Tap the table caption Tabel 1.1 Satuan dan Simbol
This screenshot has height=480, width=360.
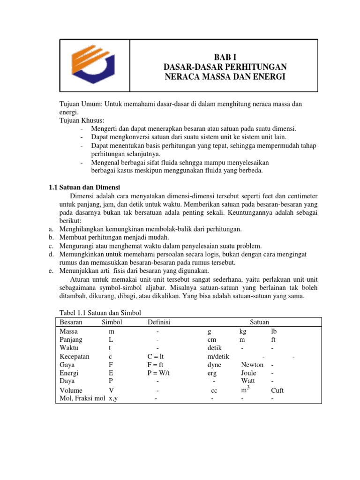[100, 313]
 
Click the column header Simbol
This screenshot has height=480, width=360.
[112, 322]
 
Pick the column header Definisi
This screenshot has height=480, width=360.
[159, 322]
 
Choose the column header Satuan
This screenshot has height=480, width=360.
[259, 322]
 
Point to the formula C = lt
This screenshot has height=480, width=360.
[158, 356]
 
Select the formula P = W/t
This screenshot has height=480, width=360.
[158, 373]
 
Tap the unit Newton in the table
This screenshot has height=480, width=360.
[252, 365]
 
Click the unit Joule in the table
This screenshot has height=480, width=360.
[248, 373]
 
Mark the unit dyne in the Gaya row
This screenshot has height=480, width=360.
[214, 365]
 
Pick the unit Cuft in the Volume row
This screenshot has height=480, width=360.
[277, 390]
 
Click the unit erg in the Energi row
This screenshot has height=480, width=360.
[212, 373]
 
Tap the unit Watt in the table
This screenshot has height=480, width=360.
[248, 381]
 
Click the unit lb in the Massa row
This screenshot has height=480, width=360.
[274, 331]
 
